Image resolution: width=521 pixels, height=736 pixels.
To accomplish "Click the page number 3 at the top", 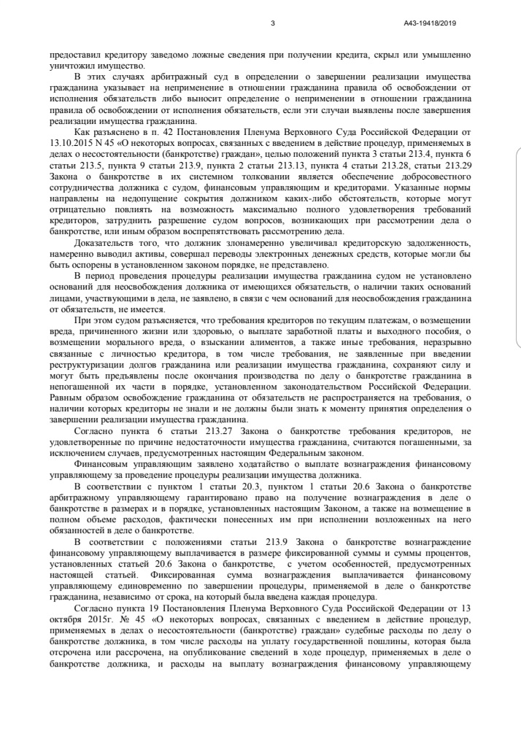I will (x=271, y=23).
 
